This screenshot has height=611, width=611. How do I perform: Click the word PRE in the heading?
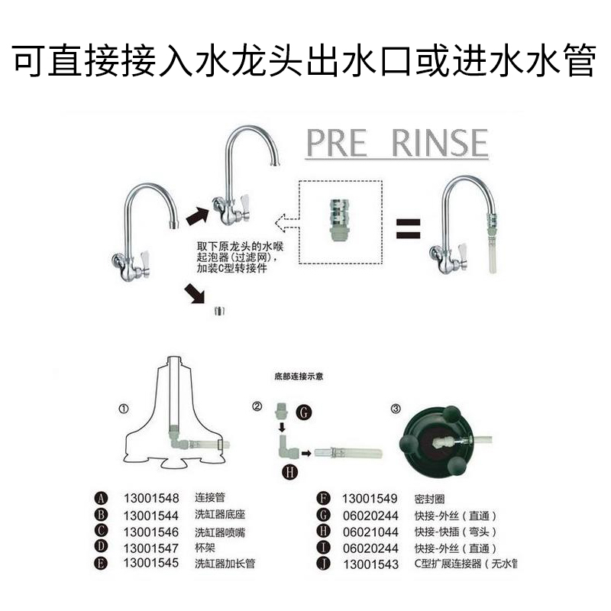coord(337,143)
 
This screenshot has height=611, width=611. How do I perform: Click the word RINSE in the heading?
coord(439,143)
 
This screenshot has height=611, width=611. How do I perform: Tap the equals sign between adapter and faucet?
coord(409,227)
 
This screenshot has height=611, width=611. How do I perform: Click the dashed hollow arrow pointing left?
coord(285,224)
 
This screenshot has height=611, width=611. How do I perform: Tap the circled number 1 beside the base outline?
coord(124,409)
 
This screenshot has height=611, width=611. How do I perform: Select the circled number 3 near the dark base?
coord(395,409)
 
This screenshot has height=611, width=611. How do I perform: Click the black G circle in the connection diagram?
coord(304,412)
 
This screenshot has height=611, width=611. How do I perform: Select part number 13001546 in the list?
coord(150,532)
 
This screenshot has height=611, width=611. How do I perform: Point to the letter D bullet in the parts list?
coord(102,548)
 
